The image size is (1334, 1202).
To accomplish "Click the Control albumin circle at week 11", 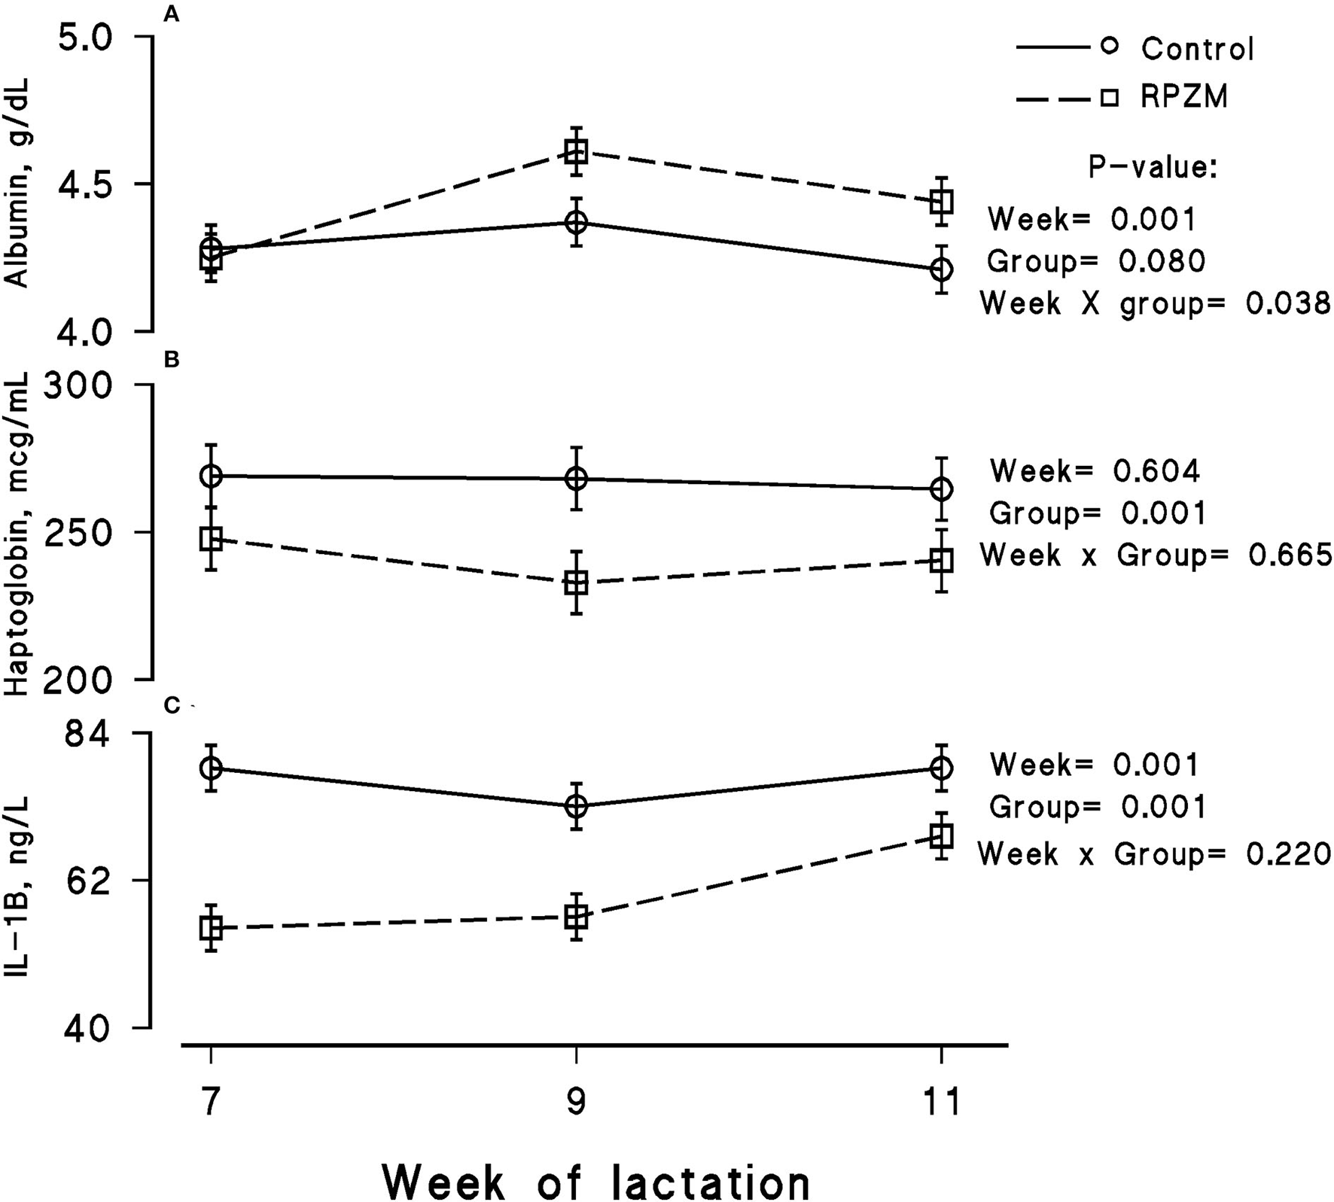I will pos(941,269).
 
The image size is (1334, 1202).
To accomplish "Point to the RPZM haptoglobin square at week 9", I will pos(576,583).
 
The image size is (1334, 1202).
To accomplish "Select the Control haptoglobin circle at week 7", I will pos(211,476).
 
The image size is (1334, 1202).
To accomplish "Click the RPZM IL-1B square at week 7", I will pos(211,928).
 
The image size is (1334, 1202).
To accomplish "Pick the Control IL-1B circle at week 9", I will pos(576,806).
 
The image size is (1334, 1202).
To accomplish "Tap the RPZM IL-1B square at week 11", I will pos(941,835).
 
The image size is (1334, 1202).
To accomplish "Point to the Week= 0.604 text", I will pos(1095,471).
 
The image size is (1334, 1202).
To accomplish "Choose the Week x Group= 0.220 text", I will pos(1154,854).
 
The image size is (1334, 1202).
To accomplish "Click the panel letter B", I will pos(172,360).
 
